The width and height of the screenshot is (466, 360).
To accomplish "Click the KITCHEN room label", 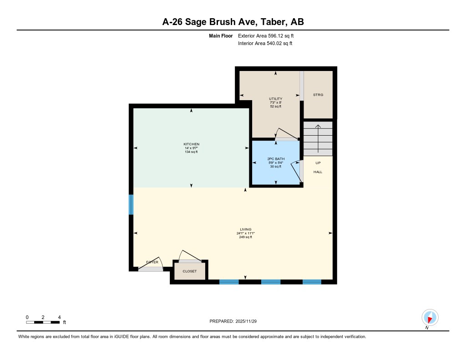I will (x=191, y=144).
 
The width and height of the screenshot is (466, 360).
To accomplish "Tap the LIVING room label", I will (x=246, y=229).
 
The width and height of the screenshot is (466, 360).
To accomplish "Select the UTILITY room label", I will (x=275, y=99).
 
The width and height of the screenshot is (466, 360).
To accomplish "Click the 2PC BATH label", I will (x=275, y=159).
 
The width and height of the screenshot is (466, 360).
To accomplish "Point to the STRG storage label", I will (x=318, y=95).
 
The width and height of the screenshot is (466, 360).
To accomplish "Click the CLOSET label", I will (x=190, y=271).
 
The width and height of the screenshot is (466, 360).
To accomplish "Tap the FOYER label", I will (x=152, y=263).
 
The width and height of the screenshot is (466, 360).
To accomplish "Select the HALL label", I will (x=318, y=172).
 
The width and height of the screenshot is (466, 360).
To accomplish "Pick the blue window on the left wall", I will (x=131, y=205).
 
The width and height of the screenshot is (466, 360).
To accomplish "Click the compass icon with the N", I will (x=430, y=317).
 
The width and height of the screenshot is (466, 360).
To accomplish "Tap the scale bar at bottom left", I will (x=43, y=322).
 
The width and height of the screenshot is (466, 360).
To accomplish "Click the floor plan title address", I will (x=233, y=22).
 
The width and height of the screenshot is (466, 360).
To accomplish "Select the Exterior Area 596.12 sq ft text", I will (x=269, y=35).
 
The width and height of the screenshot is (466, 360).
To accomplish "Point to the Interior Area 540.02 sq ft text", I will (x=265, y=44).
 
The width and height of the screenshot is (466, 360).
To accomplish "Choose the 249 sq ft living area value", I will (x=246, y=237).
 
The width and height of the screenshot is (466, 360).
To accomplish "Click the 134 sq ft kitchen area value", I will (x=191, y=152).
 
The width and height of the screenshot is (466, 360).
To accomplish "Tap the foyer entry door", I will (x=151, y=269).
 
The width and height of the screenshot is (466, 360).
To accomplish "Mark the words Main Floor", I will (x=221, y=35).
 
